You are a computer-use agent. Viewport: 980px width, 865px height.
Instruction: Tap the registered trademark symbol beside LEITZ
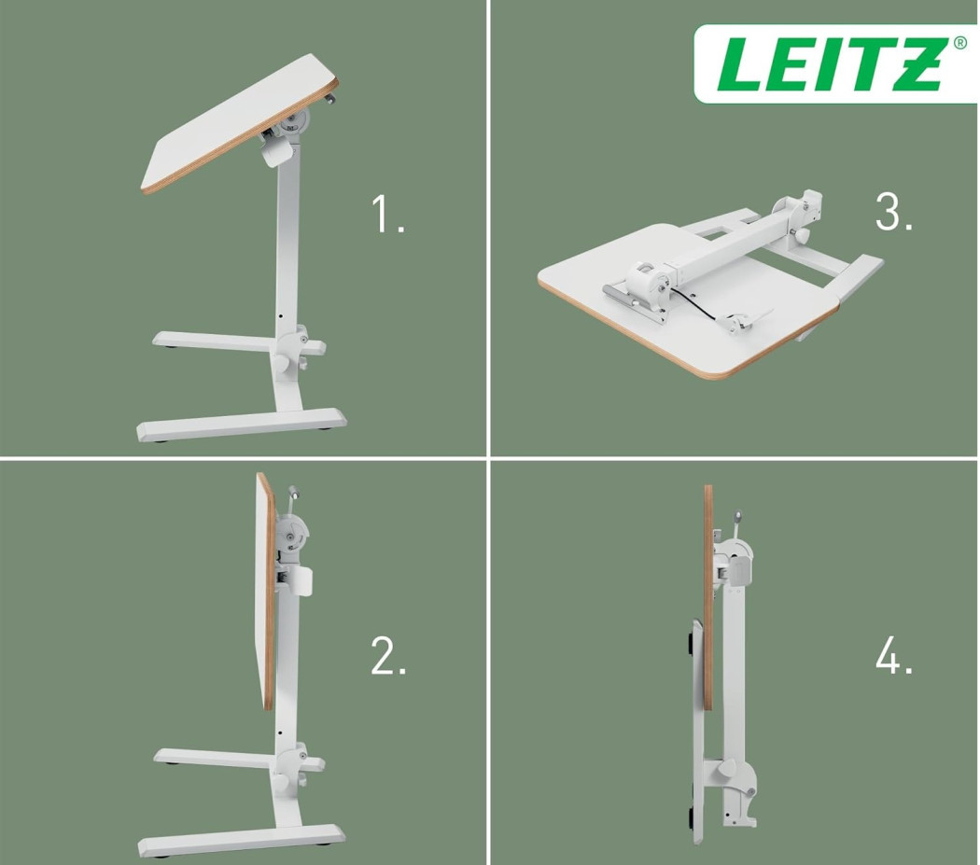click(959, 43)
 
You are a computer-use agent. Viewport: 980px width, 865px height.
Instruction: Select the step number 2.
click(388, 655)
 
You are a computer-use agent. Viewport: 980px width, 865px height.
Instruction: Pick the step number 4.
click(894, 655)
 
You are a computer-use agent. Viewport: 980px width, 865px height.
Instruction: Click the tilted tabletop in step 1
click(238, 122)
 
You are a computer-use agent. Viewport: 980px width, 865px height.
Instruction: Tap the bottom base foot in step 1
click(241, 424)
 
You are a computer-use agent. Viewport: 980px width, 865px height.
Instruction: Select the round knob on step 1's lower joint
click(284, 362)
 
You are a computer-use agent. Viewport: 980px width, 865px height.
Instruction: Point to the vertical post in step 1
click(287, 250)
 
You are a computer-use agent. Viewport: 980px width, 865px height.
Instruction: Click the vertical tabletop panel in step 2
click(265, 592)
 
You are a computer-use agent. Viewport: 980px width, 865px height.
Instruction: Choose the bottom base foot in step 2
click(241, 839)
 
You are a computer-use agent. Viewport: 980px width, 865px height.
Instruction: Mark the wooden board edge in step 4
click(708, 597)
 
